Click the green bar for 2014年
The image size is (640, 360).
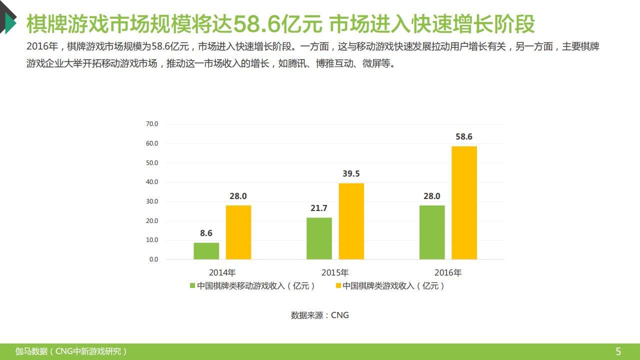click(x=206, y=251)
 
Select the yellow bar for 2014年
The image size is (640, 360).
click(x=238, y=232)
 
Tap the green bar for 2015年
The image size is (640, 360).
click(x=319, y=238)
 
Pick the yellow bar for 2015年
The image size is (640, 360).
click(x=351, y=221)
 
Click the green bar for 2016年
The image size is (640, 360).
click(x=432, y=232)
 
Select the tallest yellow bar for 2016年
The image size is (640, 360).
click(x=464, y=203)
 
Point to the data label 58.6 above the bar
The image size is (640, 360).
click(x=464, y=136)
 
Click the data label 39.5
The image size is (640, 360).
click(x=351, y=174)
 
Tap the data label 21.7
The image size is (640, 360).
click(x=319, y=208)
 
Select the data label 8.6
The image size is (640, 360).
click(x=206, y=233)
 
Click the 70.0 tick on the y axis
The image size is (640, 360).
click(x=152, y=124)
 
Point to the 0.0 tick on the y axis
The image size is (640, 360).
click(x=153, y=259)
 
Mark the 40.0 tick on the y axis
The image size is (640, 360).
click(x=152, y=182)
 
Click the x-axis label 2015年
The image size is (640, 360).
click(x=335, y=273)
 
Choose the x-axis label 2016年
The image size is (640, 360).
click(x=448, y=273)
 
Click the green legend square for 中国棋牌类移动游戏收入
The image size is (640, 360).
click(x=192, y=286)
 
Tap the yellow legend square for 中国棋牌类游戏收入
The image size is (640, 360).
click(x=338, y=286)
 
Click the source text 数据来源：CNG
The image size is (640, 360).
click(x=320, y=315)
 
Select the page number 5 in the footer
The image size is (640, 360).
click(x=618, y=351)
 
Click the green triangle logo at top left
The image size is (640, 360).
click(x=9, y=22)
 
